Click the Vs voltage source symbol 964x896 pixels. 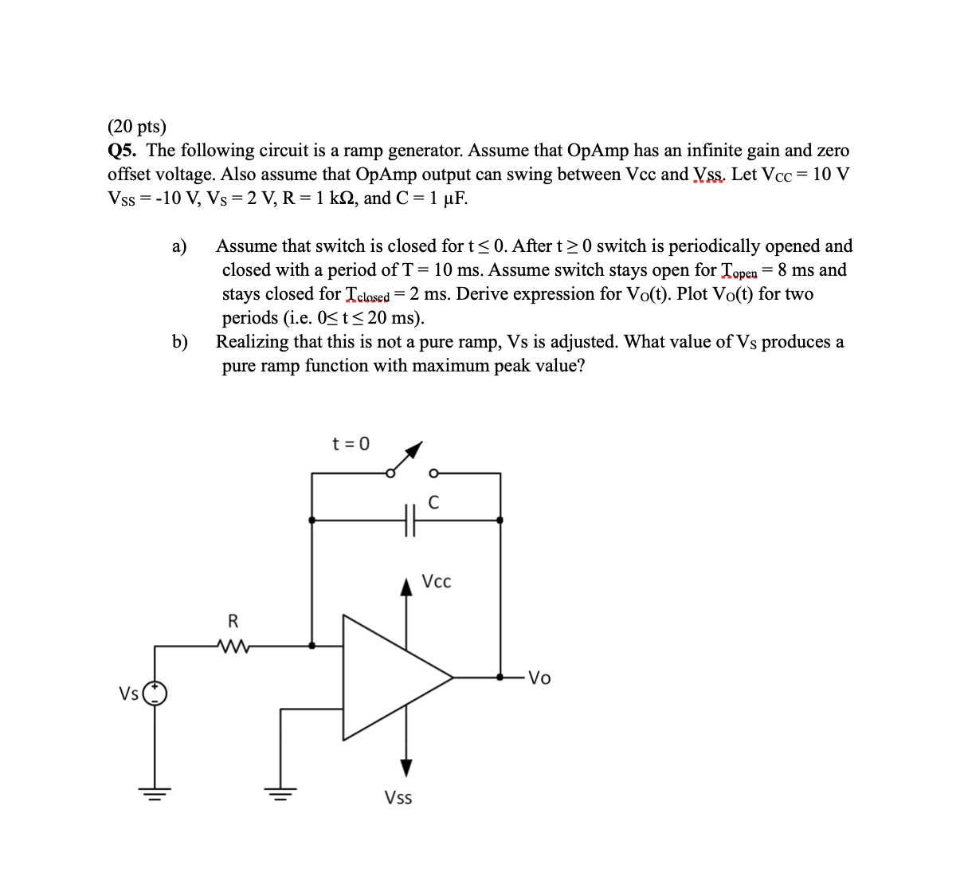(x=155, y=694)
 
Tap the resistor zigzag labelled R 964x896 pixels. (x=233, y=646)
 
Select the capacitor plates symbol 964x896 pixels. (x=410, y=521)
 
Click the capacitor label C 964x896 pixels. (x=433, y=502)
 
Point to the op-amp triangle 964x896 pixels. (x=390, y=678)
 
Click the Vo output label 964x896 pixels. (x=539, y=678)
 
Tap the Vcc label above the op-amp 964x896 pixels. (x=436, y=582)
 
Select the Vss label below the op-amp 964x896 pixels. (x=398, y=797)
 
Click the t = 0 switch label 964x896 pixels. (x=351, y=444)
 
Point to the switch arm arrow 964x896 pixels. (x=407, y=458)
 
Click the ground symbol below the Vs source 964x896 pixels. (x=155, y=792)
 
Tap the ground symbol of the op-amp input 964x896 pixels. (x=280, y=792)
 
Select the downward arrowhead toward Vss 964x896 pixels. (x=407, y=768)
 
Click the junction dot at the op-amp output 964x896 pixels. (x=500, y=678)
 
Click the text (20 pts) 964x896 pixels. (x=137, y=126)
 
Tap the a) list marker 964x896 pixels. (x=179, y=246)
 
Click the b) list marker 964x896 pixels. (x=180, y=342)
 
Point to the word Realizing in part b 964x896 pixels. (x=252, y=342)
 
